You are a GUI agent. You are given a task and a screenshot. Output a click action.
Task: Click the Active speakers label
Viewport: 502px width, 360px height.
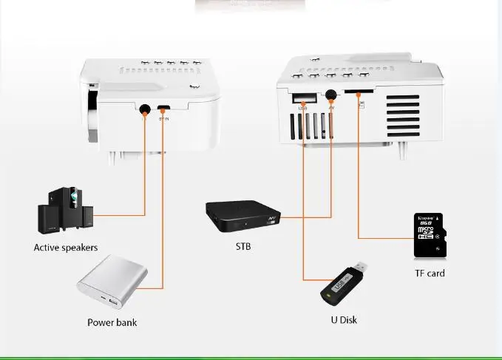66,248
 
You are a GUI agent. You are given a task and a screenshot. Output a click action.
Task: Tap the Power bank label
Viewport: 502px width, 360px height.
112,322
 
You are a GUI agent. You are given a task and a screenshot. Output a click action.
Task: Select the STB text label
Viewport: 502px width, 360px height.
243,246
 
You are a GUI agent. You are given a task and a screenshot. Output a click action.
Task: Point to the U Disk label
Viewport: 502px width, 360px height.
344,320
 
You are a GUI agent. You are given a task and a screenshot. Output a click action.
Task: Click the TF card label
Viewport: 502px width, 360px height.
430,274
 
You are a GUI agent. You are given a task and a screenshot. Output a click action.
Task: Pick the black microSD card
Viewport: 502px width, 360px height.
429,235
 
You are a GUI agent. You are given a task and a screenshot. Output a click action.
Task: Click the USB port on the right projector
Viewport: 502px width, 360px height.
302,98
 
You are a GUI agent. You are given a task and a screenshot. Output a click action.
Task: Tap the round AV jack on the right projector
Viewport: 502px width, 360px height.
330,96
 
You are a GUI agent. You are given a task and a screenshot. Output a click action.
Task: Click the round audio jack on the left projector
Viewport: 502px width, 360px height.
144,109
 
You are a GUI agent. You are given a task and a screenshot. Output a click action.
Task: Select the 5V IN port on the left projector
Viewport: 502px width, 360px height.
163,109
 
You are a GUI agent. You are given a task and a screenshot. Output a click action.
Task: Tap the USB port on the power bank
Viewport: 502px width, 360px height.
113,304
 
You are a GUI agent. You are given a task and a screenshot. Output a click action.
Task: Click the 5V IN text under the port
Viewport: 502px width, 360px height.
164,118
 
